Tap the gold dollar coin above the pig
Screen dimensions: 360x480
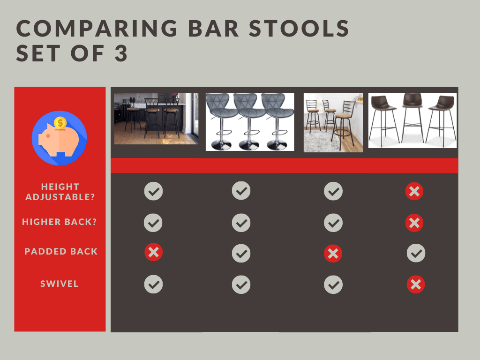[60, 123]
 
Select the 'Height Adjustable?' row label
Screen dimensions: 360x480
[60, 192]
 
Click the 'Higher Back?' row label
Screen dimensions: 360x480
[60, 222]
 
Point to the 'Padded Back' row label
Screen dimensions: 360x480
[61, 251]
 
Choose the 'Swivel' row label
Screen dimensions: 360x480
[60, 284]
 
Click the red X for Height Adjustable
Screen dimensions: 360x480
[414, 191]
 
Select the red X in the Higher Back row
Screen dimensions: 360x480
[414, 223]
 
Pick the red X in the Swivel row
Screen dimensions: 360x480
[415, 284]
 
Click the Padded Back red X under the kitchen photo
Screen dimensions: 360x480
[153, 253]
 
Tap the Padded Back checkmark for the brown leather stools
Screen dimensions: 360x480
[416, 253]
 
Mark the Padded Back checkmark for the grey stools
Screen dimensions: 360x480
[241, 254]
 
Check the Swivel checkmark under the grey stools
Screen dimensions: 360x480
[241, 285]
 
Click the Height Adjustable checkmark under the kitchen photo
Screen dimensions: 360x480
[153, 191]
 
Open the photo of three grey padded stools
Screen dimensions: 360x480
[250, 122]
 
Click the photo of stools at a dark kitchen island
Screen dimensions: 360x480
[157, 118]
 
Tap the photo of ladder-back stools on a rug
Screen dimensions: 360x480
[333, 122]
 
